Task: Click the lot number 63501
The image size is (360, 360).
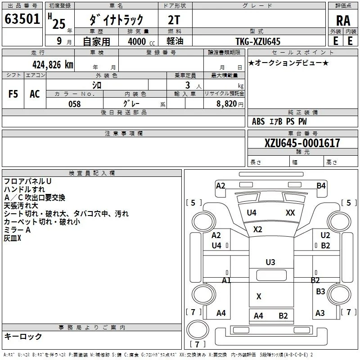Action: [x=22, y=19]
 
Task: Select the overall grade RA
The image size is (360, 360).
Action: [x=343, y=21]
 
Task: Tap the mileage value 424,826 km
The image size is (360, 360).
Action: [x=53, y=65]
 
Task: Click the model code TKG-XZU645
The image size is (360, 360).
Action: [x=258, y=41]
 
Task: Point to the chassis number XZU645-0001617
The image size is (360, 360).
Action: [x=302, y=143]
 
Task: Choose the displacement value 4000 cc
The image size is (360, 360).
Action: [x=141, y=41]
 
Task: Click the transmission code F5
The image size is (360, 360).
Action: [x=13, y=94]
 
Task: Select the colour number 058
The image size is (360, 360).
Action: [x=75, y=104]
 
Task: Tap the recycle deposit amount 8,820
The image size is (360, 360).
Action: [x=227, y=104]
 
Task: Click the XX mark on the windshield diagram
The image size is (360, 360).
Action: [x=290, y=212]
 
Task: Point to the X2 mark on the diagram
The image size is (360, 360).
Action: [x=257, y=229]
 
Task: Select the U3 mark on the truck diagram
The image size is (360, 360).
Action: [x=270, y=262]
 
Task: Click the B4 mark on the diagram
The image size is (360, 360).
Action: [x=321, y=185]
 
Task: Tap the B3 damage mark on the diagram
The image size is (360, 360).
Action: [x=320, y=291]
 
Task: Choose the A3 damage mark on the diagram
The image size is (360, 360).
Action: [x=320, y=313]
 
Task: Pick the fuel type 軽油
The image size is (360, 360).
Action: [x=175, y=41]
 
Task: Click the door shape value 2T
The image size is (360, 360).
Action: [x=174, y=20]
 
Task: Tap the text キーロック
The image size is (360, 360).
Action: [x=23, y=336]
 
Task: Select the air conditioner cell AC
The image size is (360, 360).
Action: [x=35, y=94]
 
